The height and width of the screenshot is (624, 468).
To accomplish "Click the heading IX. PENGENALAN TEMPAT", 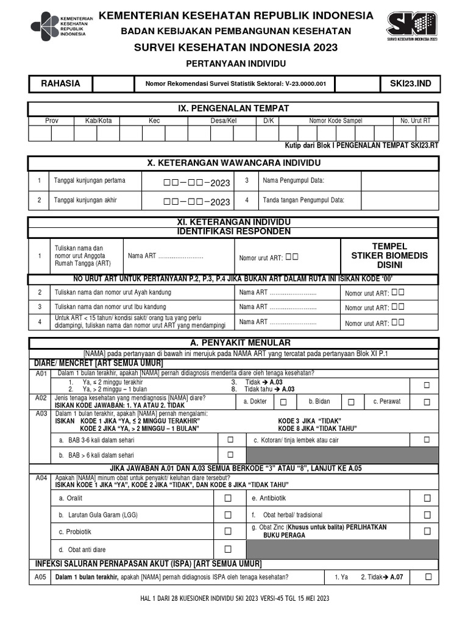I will (233, 108).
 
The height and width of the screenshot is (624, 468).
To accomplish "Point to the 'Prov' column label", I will (52, 121).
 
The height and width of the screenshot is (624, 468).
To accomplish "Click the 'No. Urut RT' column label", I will (415, 121).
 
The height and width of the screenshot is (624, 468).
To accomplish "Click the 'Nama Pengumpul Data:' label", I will (293, 181).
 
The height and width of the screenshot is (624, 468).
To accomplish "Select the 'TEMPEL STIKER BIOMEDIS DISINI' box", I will (389, 255).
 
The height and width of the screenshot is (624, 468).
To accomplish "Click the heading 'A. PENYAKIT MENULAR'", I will (233, 342).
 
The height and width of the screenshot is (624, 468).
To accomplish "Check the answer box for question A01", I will (427, 385).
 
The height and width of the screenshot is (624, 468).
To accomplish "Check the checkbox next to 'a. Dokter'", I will (283, 402).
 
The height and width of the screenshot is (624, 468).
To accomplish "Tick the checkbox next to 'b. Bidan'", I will (351, 402).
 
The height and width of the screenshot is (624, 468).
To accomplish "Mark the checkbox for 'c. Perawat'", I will (427, 402).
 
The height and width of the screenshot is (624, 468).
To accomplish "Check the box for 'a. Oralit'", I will (228, 498).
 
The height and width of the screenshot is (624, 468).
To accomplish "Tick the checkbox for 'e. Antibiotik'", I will (427, 498).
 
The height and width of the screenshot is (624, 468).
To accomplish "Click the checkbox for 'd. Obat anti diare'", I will (228, 549).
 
